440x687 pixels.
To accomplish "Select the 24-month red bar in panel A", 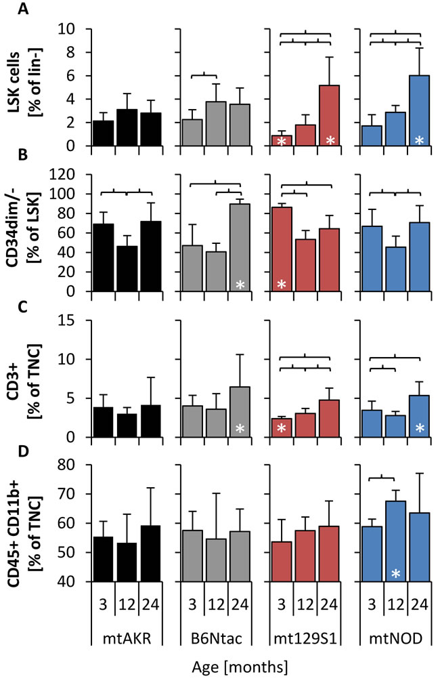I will click(x=330, y=115).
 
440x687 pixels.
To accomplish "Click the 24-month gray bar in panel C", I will click(x=239, y=412).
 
